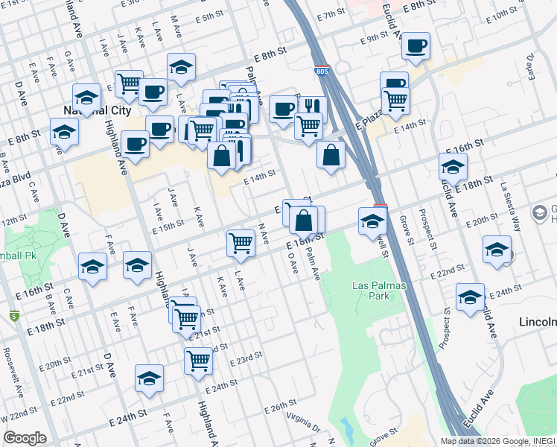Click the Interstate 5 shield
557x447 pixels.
pyautogui.click(x=15, y=316)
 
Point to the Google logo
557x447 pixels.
pyautogui.click(x=25, y=438)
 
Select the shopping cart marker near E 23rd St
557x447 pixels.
pyautogui.click(x=199, y=361)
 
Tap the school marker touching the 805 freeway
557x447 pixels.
pyautogui.click(x=372, y=221)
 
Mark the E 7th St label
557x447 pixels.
pyautogui.click(x=331, y=15)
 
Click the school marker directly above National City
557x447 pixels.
pyautogui.click(x=87, y=97)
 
